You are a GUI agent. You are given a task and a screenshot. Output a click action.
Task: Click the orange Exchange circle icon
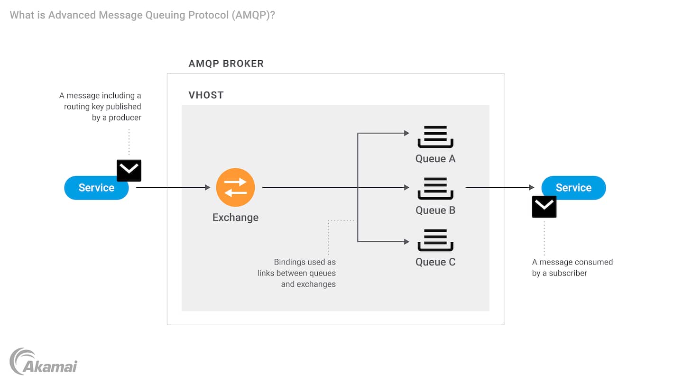click(x=235, y=187)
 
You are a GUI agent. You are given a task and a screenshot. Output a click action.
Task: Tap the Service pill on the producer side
click(x=96, y=188)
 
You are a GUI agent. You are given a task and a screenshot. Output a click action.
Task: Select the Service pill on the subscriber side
click(x=573, y=188)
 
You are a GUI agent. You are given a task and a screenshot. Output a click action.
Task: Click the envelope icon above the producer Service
click(x=129, y=171)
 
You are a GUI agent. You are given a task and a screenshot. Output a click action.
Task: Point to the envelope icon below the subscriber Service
click(x=544, y=207)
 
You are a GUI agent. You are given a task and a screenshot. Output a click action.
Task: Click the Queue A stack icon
click(x=435, y=137)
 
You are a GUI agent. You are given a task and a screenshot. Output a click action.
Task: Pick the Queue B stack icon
click(x=435, y=189)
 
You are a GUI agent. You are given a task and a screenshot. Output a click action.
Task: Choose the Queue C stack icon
click(x=435, y=240)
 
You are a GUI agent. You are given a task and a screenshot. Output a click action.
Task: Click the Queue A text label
click(x=435, y=159)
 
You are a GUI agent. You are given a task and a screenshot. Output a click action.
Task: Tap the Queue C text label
click(x=435, y=262)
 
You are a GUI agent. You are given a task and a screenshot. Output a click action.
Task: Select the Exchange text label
click(x=235, y=218)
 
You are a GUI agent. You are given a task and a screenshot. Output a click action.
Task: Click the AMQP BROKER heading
click(x=226, y=64)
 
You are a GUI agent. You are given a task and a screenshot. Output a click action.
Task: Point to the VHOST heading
click(x=206, y=95)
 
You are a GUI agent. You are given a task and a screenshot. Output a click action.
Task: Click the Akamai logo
click(x=44, y=362)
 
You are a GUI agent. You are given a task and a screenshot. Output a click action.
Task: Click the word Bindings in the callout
click(x=290, y=262)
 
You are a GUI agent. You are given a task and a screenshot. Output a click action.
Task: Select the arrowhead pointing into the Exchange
click(x=207, y=188)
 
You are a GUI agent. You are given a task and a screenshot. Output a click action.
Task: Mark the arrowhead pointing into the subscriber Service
click(x=532, y=188)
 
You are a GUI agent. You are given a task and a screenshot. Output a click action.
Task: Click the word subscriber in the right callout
click(x=568, y=273)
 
